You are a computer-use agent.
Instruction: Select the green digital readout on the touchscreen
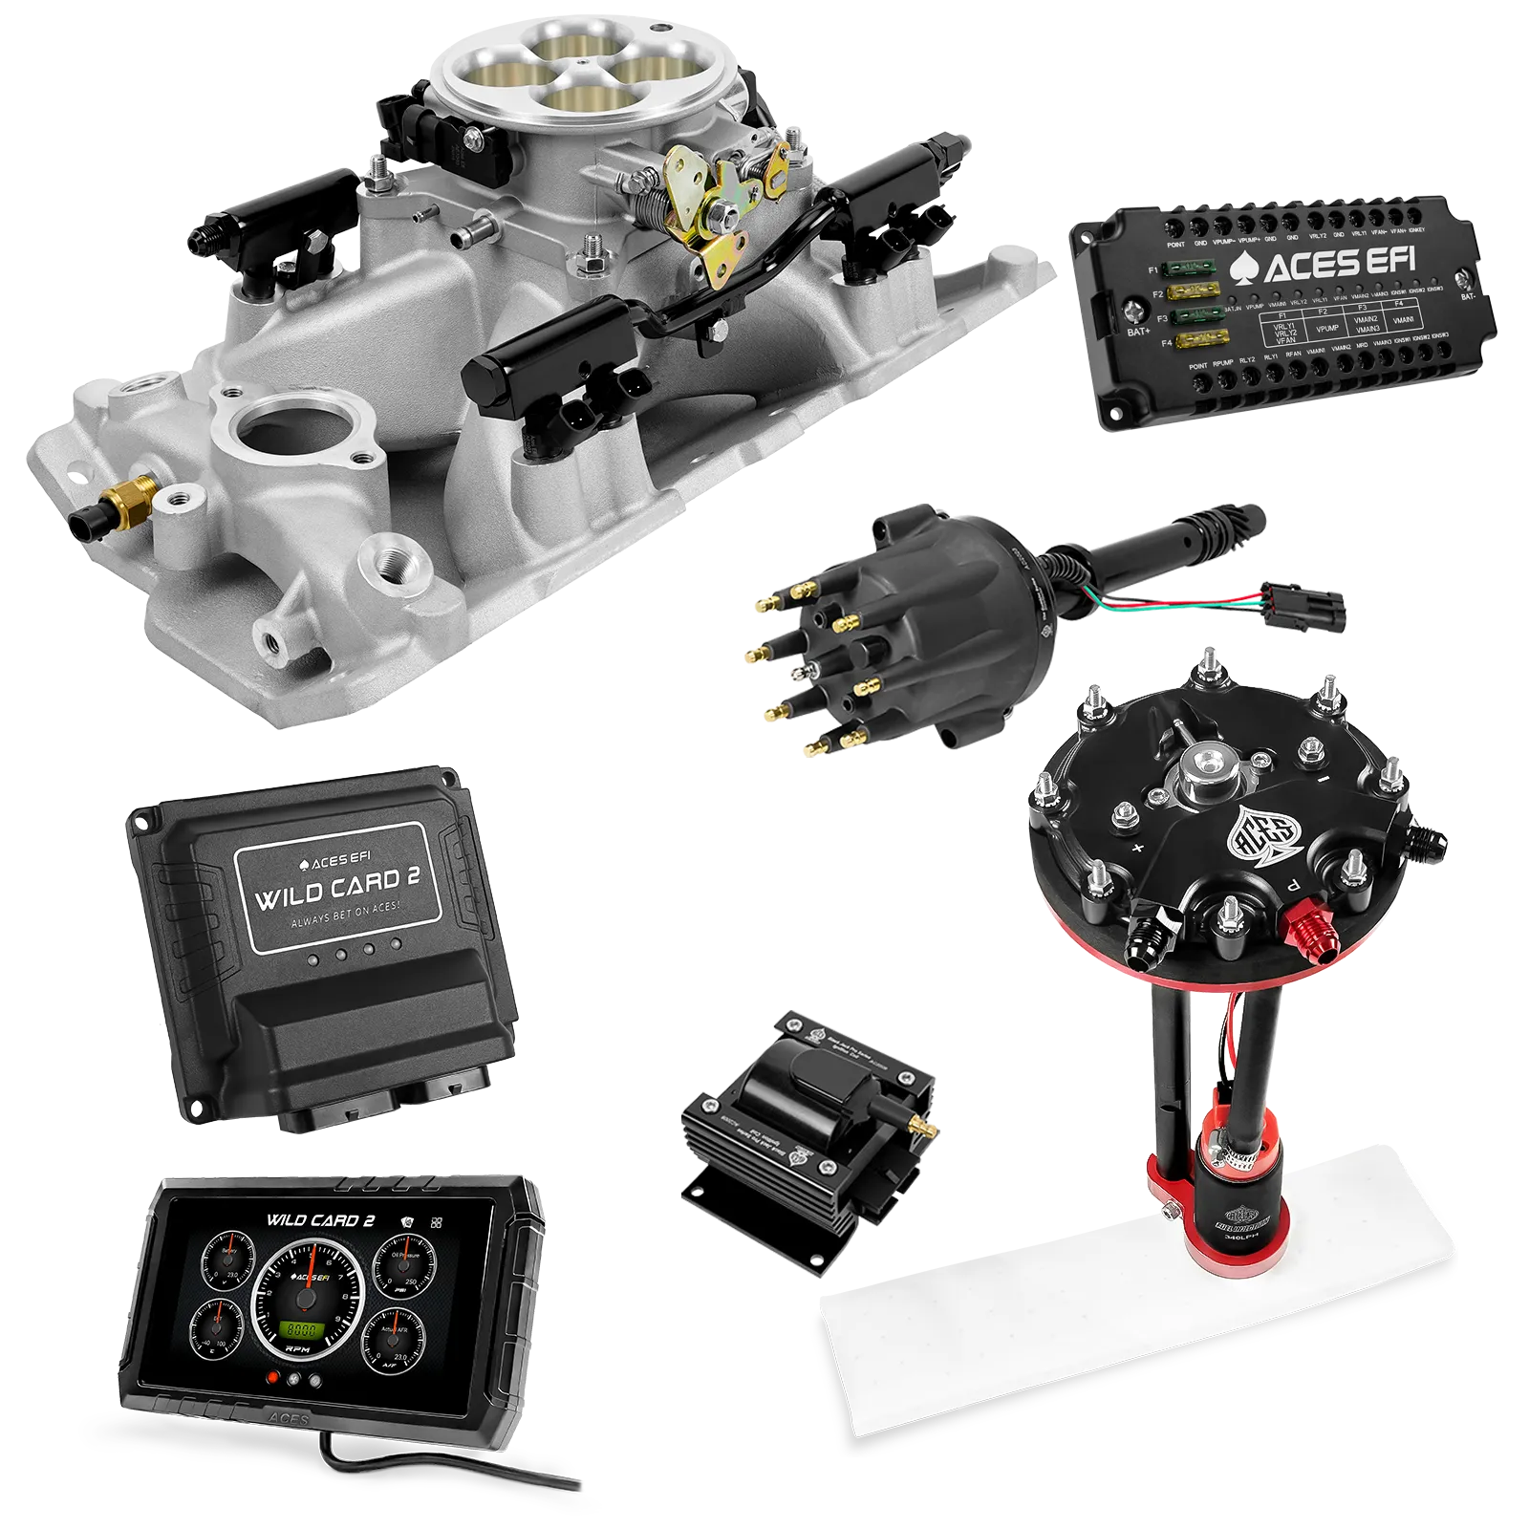[304, 1328]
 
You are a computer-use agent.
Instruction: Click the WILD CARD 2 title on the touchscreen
[320, 1220]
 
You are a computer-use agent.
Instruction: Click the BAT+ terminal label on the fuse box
[1138, 332]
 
